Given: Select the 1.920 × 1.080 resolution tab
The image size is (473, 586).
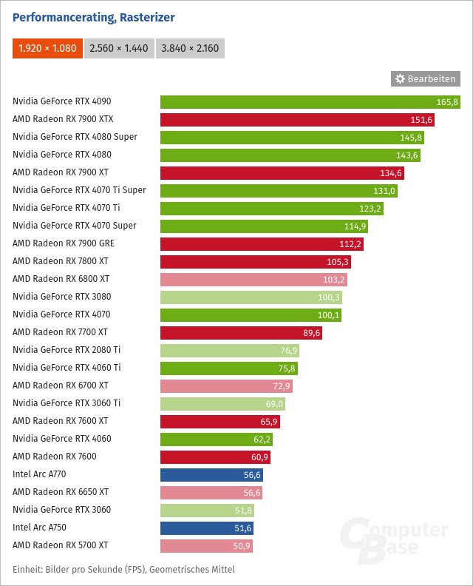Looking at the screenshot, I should pos(47,49).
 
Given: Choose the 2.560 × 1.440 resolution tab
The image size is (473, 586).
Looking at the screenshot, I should pos(118,49).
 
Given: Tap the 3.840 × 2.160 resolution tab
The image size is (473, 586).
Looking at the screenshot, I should pos(190,49).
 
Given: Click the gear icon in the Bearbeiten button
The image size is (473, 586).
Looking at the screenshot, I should pos(400,78).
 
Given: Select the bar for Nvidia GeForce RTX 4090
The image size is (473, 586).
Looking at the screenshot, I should pos(310,101).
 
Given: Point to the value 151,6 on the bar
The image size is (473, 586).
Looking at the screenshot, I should pos(421,119).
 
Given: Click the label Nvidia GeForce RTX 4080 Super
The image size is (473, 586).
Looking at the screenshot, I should pos(75,137).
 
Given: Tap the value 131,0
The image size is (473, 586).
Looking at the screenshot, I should pos(384,190).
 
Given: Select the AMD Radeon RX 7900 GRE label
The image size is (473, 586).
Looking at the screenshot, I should pos(64,243).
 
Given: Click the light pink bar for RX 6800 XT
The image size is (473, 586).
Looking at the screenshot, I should pos(253,279).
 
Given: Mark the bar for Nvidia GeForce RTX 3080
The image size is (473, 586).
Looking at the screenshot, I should pos(251,297).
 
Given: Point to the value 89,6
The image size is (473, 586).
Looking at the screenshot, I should pos(310,332).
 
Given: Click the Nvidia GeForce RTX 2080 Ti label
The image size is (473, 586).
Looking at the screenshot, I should pos(67,350).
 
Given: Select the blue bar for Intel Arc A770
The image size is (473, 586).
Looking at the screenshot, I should pos(211,474).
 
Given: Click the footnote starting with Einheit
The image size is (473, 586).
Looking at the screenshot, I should pos(123,570).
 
